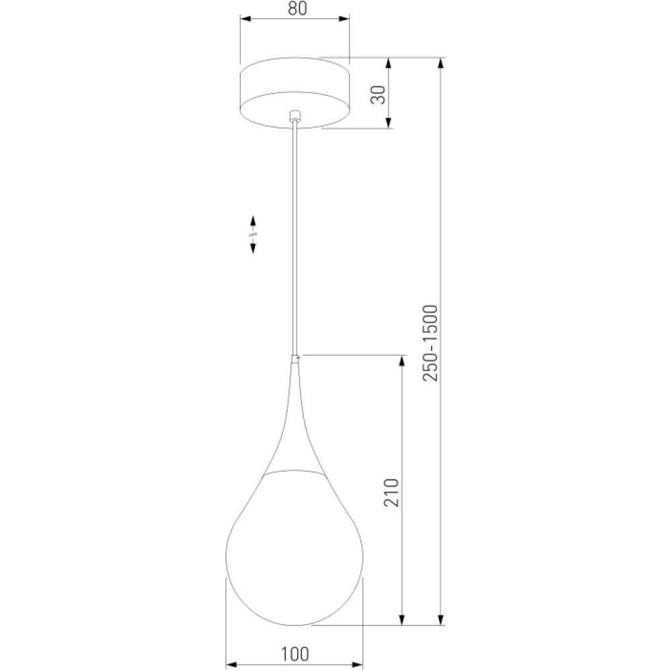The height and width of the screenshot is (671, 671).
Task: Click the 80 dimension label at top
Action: (297, 8)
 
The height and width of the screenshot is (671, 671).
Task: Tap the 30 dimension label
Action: (378, 95)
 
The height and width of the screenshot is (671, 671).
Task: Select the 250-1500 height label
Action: (430, 343)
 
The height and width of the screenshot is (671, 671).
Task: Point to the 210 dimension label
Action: (391, 493)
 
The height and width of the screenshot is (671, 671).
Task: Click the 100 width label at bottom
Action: (295, 654)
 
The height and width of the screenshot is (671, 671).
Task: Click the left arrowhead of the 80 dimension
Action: (246, 19)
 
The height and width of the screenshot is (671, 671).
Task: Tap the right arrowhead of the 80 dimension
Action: (344, 19)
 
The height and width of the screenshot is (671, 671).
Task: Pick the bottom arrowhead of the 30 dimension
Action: (389, 122)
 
